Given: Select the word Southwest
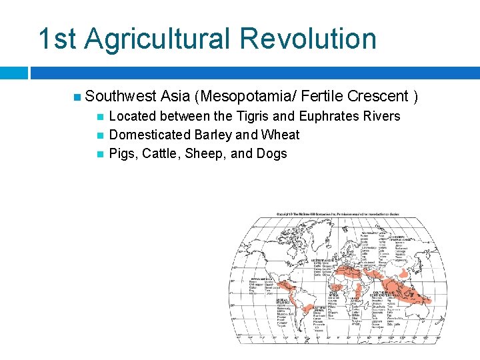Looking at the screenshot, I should [121, 97].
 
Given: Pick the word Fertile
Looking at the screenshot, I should [319, 97].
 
